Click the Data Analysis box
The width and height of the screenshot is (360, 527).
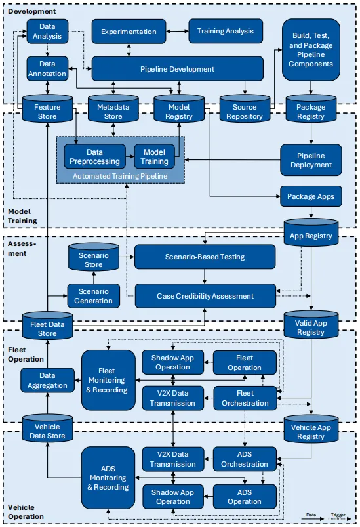click(47, 32)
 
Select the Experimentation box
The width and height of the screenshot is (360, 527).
click(129, 32)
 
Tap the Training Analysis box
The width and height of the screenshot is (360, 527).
click(226, 31)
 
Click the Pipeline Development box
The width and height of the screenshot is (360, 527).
click(177, 69)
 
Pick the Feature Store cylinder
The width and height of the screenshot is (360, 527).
click(47, 108)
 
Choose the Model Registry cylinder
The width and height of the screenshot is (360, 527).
click(179, 108)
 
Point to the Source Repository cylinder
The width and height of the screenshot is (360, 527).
click(245, 108)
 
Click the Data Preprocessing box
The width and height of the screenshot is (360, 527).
click(94, 157)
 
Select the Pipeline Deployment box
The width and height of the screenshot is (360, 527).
click(311, 160)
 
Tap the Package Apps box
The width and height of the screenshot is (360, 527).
click(311, 196)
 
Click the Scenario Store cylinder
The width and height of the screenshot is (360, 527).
click(94, 257)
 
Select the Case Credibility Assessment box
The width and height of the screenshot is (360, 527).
click(205, 296)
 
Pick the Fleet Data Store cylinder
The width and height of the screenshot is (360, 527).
click(47, 326)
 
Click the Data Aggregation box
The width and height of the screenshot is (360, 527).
click(47, 381)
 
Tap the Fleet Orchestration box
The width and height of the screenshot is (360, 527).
click(245, 398)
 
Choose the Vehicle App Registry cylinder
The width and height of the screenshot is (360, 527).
click(311, 429)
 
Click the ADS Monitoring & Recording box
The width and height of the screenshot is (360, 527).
click(108, 478)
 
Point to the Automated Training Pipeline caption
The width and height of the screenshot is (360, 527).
click(120, 176)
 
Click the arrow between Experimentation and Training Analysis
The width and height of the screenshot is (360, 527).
click(177, 32)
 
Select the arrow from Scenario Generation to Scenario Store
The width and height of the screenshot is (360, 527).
click(94, 277)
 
